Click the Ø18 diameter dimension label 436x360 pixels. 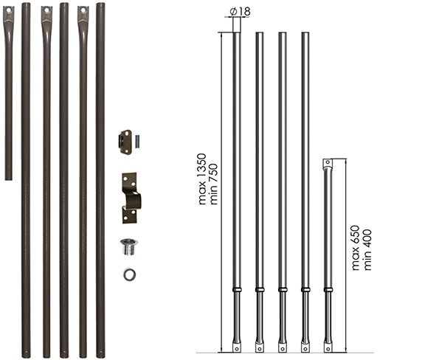(x=241, y=12)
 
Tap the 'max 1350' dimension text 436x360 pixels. (x=202, y=179)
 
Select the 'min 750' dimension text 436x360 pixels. (x=213, y=184)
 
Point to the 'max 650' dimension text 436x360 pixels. (x=356, y=248)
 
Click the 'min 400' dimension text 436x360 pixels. (x=367, y=249)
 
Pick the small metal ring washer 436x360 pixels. (x=130, y=274)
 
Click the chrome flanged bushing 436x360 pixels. (x=129, y=246)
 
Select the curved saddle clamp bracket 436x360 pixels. (x=131, y=198)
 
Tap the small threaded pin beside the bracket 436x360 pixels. (x=137, y=142)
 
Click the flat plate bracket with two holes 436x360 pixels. (x=125, y=142)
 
